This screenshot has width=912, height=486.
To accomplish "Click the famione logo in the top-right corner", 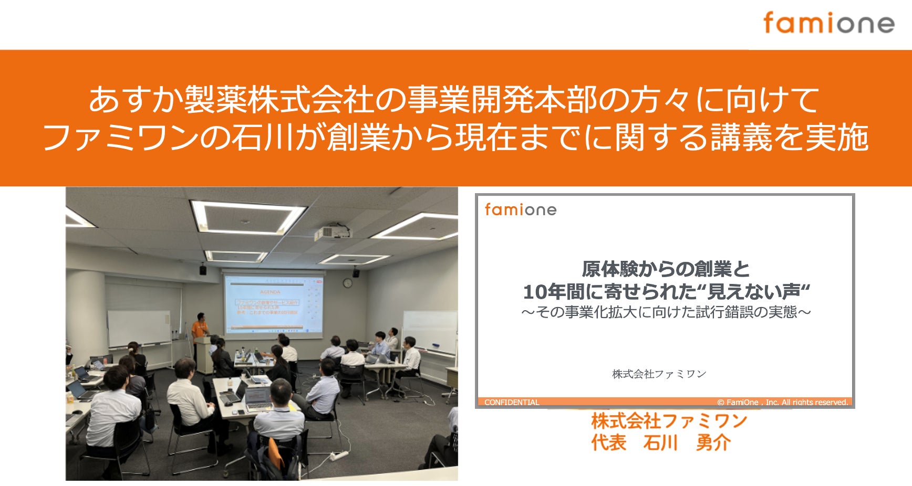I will pos(828,24).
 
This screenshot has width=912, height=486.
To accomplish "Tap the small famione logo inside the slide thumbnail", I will pos(520,210).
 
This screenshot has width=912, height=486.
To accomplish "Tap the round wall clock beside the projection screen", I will pos(347,283).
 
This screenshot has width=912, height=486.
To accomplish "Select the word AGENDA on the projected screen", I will pos(270,291).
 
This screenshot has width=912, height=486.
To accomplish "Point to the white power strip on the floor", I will pos(339,455).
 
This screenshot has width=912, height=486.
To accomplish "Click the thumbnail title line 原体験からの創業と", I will pos(666,269).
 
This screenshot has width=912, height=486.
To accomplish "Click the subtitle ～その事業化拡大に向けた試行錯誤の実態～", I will pos(666,312).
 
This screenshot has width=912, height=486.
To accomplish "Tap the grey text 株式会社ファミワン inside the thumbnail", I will pos(659,374).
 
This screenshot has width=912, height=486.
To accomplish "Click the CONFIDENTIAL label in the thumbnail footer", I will pos(512,402).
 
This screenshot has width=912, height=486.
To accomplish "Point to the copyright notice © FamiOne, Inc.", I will pos(782,402).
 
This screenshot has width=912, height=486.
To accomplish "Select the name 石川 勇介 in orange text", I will pos(687,443).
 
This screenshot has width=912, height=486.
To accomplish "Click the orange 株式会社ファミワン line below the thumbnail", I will pos(668,421).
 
